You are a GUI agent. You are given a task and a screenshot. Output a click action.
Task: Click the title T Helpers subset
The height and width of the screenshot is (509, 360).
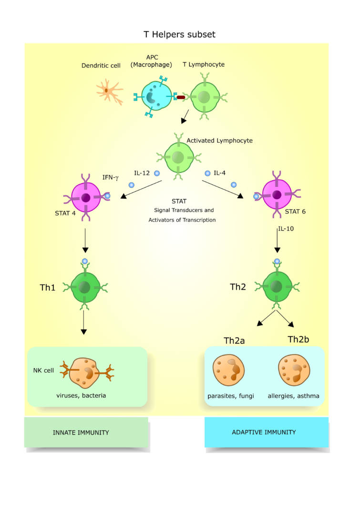[x=180, y=34]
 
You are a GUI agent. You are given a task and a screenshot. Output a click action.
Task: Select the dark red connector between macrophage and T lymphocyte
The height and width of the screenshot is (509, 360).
[x=181, y=98]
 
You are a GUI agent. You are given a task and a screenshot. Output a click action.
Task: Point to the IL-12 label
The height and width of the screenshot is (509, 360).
[x=142, y=173]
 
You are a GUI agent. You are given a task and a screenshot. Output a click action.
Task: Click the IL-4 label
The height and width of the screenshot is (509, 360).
[x=219, y=173]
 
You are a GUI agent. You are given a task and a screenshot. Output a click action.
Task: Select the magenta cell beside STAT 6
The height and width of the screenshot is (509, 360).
[x=276, y=195]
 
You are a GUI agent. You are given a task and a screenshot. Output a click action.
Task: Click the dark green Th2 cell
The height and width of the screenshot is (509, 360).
[x=276, y=287]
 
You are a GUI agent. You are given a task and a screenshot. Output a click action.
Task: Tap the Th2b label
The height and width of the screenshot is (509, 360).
[x=298, y=340]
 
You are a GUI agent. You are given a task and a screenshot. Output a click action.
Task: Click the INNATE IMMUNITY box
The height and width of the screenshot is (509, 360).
[x=86, y=432]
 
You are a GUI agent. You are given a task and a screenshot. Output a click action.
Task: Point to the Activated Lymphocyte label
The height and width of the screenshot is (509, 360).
[x=219, y=141]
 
